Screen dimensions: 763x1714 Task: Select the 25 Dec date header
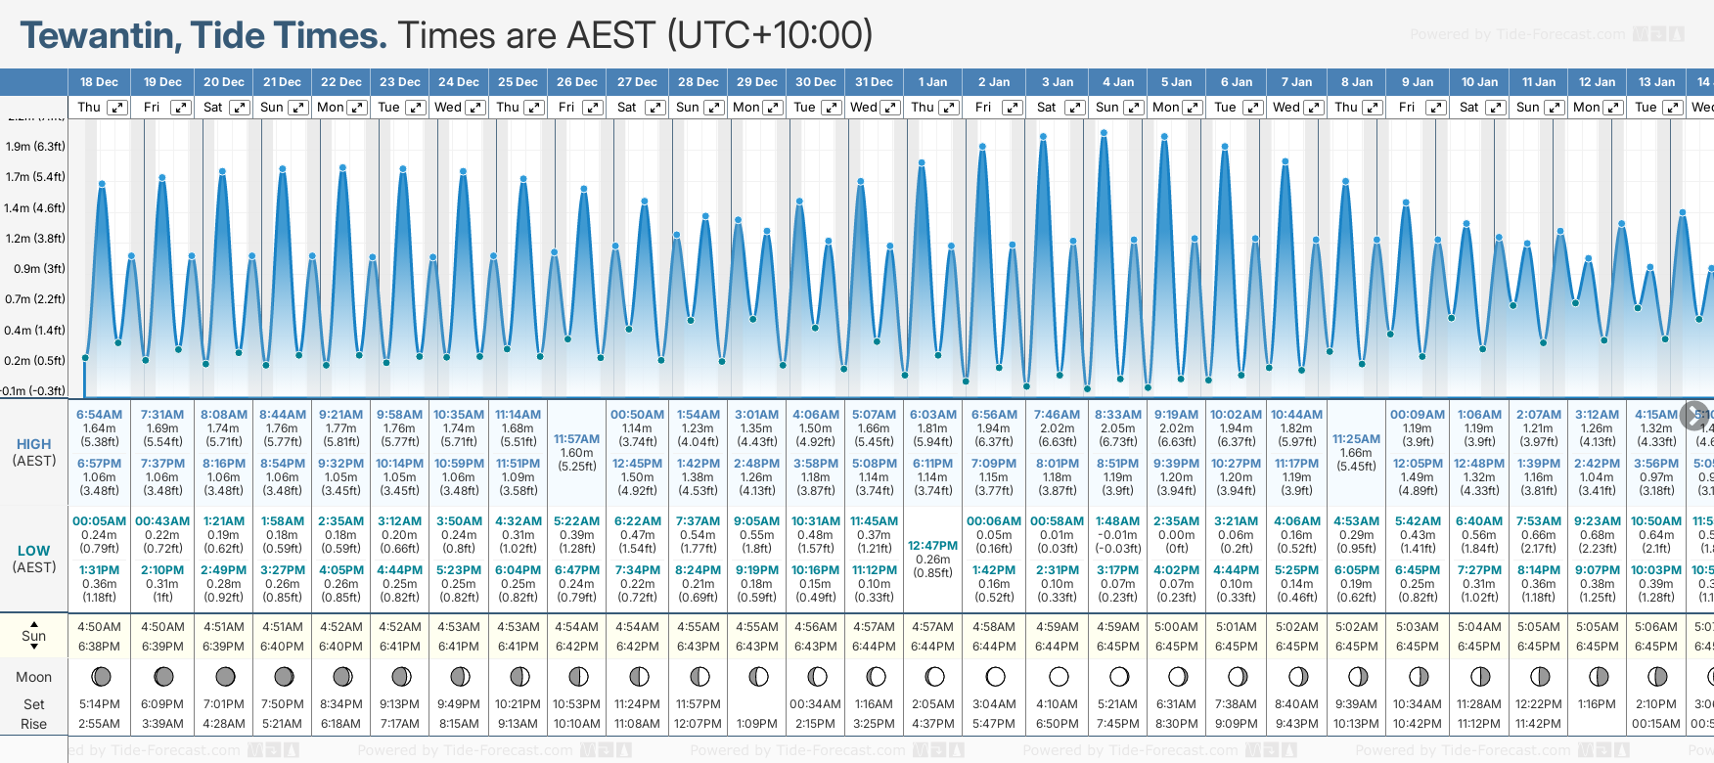click(518, 82)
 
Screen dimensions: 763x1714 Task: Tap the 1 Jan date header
click(932, 82)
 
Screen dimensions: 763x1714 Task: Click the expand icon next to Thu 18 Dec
click(117, 108)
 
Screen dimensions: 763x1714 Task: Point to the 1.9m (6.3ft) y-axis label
click(35, 147)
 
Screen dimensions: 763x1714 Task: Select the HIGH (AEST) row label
click(33, 452)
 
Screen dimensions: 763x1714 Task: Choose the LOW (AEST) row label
click(33, 559)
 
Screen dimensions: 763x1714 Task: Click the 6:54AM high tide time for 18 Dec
click(99, 415)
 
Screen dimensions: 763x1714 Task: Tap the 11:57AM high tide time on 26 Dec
click(576, 439)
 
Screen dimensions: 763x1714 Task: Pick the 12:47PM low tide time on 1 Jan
click(932, 546)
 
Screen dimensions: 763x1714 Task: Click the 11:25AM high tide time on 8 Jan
click(1356, 439)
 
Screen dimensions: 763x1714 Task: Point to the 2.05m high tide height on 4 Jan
click(1117, 428)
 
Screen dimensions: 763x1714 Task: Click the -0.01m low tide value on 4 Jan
click(1117, 535)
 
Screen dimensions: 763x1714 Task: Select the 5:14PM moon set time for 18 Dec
click(99, 704)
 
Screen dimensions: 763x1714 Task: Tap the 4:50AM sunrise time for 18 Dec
click(99, 627)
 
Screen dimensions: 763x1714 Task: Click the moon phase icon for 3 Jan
click(1059, 676)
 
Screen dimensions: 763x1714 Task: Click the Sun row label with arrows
click(33, 636)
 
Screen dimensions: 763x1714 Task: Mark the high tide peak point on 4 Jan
click(1105, 133)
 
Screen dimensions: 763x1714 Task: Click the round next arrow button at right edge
click(1694, 415)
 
